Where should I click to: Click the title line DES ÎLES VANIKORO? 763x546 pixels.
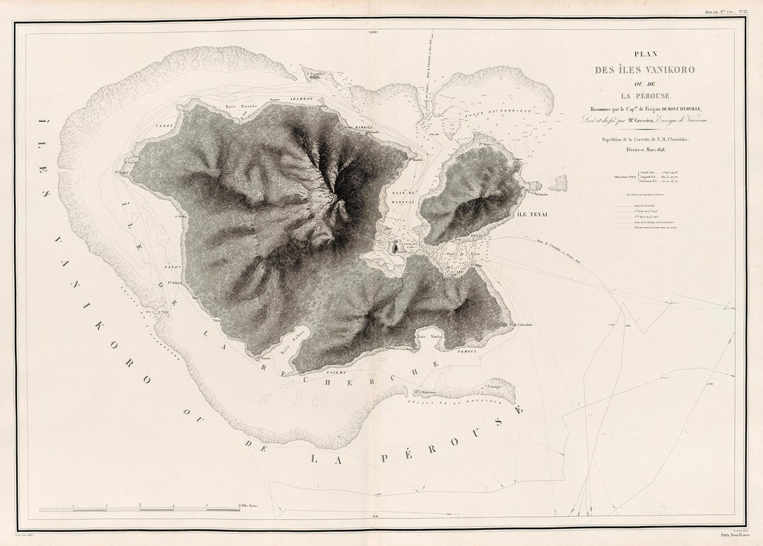pos(644,69)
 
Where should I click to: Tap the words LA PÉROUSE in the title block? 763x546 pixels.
pos(645,95)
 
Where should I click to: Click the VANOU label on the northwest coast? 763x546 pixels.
pos(165,124)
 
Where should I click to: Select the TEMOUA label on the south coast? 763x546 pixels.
pos(466,350)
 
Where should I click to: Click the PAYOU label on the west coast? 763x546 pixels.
pos(174,267)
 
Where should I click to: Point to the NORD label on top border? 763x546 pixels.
pos(372,33)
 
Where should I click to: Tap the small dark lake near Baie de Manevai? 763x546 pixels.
pos(396,248)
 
